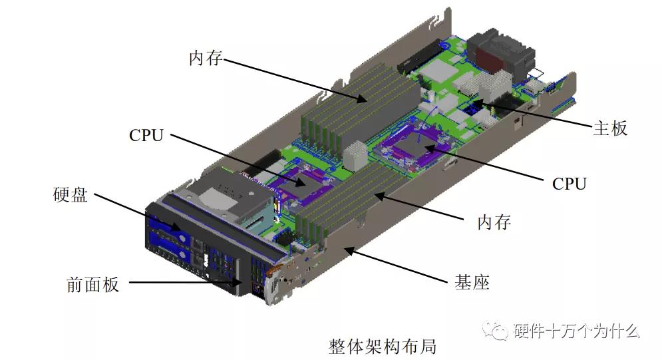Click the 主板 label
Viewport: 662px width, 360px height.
tap(609, 128)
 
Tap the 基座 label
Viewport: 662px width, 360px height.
tap(472, 282)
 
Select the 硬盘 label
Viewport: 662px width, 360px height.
tap(71, 196)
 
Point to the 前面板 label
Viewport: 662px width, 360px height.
tap(93, 284)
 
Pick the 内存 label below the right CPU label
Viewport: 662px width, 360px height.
tap(494, 222)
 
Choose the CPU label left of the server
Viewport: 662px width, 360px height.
tap(146, 135)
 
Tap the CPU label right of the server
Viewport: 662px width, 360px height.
tap(570, 184)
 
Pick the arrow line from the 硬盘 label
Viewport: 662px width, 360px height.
tap(136, 212)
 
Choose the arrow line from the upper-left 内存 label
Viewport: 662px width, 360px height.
tap(293, 79)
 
